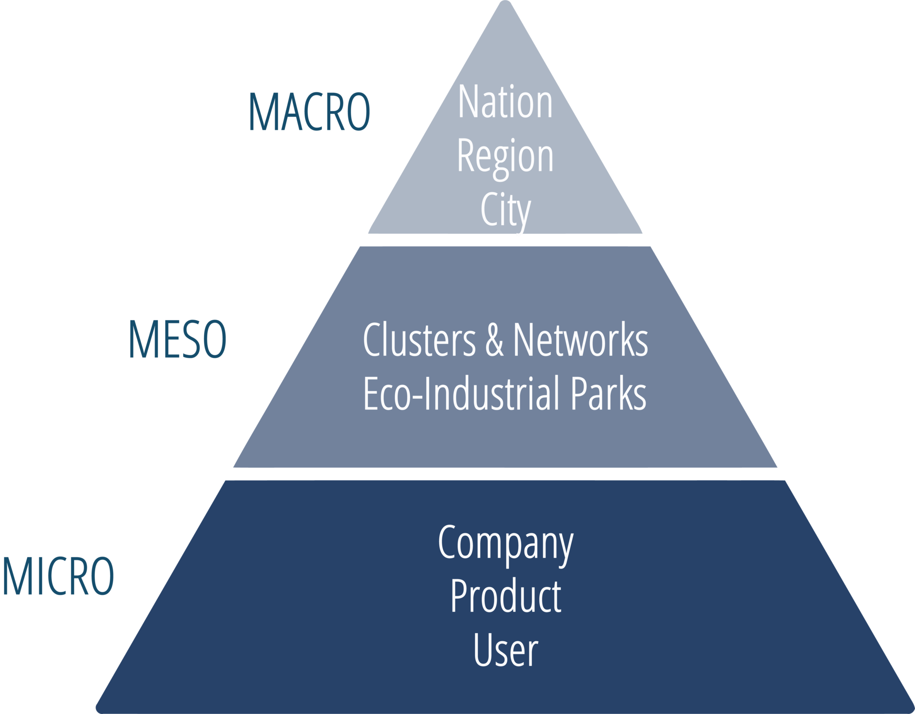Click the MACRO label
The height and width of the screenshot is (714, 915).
[309, 112]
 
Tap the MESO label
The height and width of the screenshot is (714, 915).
[177, 340]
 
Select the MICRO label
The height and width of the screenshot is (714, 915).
[58, 576]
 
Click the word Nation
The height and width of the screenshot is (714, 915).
[505, 103]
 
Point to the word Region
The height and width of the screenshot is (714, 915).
[505, 157]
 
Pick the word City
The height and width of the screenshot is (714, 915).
[505, 211]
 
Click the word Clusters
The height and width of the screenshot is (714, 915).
[419, 340]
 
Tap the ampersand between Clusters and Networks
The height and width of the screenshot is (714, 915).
[494, 340]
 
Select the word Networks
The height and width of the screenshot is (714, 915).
[580, 340]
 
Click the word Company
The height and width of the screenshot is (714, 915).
[505, 543]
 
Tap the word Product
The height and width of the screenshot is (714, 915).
[505, 597]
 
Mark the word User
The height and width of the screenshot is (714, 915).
[505, 650]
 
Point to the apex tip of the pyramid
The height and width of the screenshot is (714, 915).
[505, 4]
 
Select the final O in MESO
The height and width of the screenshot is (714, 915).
[215, 340]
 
